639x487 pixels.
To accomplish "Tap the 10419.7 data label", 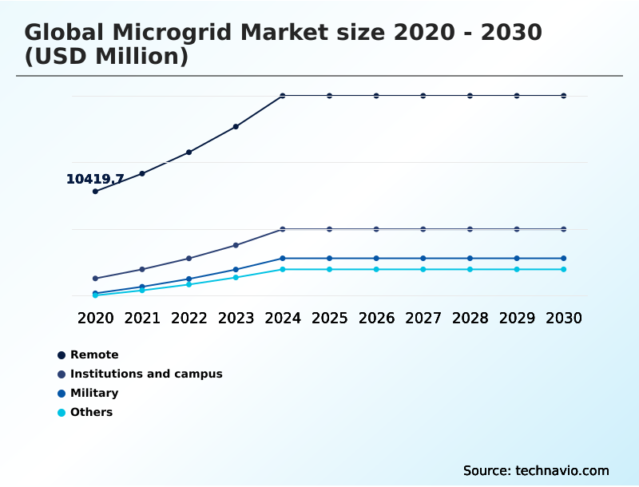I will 94,180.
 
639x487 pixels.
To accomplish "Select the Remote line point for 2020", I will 95,192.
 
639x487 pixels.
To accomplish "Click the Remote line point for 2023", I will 236,127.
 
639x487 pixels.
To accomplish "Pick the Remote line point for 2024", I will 283,96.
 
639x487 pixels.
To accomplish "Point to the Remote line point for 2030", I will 564,96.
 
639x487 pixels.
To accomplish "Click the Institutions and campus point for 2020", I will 95,279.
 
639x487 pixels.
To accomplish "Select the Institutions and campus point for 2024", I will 283,229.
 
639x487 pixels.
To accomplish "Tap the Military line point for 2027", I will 423,259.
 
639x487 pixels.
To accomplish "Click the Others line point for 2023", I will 236,277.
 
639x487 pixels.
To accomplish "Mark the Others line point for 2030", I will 564,269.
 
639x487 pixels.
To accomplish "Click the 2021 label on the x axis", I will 142,318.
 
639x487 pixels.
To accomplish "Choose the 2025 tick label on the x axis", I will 329,318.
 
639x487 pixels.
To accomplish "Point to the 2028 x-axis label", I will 470,318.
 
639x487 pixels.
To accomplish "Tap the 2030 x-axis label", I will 564,318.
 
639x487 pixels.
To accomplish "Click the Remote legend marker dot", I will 62,355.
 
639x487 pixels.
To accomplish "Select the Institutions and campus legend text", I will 146,374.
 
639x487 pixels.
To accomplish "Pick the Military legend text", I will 94,393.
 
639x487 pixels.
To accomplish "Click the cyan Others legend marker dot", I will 62,413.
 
